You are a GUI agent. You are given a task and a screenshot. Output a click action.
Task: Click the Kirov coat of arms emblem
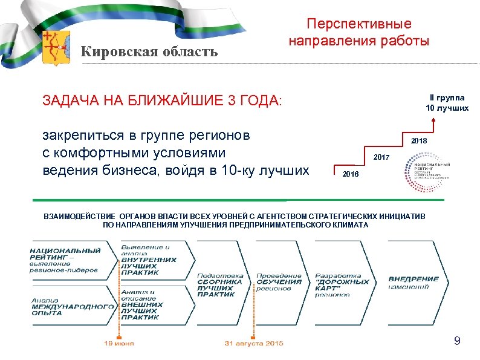tap(57, 48)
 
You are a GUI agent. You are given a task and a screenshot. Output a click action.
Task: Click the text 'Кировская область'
tap(149, 51)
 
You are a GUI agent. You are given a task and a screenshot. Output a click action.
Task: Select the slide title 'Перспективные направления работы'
tap(358, 33)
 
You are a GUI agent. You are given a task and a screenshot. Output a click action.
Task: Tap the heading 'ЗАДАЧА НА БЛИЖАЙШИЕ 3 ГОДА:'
tap(162, 100)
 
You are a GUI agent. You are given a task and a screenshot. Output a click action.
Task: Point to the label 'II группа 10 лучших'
tap(447, 102)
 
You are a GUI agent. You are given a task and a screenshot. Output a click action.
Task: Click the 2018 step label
tap(419, 141)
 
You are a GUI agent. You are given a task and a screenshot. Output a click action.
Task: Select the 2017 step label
tap(381, 157)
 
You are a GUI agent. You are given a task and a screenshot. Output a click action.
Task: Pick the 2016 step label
tap(350, 174)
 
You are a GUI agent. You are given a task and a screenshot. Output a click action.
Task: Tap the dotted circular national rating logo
tap(428, 171)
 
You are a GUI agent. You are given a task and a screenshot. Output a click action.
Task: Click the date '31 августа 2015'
tap(254, 344)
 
